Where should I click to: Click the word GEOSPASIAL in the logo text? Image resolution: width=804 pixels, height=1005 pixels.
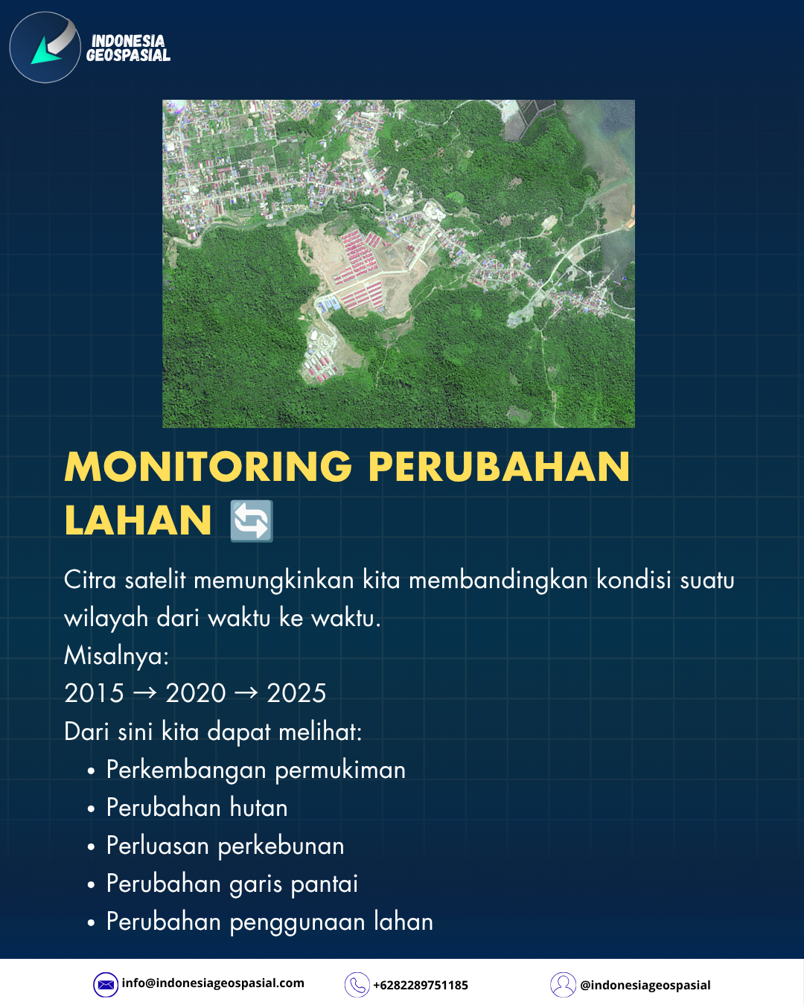128,55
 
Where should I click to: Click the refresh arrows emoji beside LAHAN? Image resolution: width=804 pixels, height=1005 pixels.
252,520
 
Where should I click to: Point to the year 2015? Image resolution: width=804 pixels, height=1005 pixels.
94,693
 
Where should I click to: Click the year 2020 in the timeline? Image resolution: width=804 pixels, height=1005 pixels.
196,693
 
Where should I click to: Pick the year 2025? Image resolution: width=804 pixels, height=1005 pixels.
296,693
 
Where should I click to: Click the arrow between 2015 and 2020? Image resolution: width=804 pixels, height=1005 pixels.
145,693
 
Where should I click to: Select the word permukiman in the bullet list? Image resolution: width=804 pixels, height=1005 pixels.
340,770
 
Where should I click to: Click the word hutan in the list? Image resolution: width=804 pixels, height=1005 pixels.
258,808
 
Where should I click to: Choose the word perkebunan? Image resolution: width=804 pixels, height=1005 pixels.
281,846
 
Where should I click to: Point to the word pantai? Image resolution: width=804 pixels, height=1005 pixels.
324,884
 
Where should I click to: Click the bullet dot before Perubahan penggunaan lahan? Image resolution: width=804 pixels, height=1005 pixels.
91,923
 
